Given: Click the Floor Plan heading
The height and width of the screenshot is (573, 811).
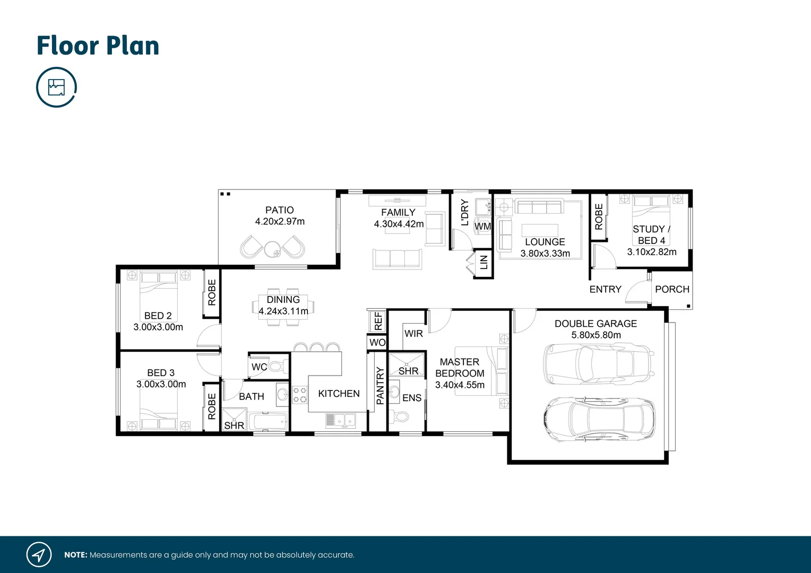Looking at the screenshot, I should coord(98,46).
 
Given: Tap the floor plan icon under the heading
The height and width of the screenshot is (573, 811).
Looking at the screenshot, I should coord(56,87).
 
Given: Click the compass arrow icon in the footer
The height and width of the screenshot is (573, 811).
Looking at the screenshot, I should coord(39,555).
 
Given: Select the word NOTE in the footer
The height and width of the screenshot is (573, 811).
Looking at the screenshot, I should coord(75,555).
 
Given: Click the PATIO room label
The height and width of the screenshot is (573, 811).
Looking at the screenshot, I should coord(279,210).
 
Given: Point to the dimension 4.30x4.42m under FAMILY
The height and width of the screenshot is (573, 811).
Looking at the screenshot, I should coord(399,224).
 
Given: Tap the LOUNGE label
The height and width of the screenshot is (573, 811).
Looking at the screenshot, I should coord(545,242).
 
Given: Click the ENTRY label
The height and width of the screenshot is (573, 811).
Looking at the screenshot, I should coord(605,289).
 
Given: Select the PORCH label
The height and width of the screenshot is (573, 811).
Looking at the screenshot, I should coord(672,289).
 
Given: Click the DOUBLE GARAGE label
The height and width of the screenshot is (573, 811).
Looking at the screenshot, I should coord(596,324).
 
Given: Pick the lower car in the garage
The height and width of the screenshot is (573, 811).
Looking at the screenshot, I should coord(599,419).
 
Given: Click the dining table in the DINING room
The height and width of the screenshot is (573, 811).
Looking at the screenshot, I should coord(283,306).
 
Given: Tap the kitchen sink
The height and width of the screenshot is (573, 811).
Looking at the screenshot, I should coord(341,420).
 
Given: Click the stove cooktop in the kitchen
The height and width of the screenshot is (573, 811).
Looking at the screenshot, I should coord(300,395).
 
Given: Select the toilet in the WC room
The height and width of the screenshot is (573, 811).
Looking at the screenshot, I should coord(277,366).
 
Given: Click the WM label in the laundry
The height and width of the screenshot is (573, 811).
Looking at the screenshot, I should coord(482,227).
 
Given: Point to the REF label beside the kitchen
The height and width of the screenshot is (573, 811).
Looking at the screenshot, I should coord(378,320).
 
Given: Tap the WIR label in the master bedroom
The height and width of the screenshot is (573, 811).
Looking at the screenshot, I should coord(413,334).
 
